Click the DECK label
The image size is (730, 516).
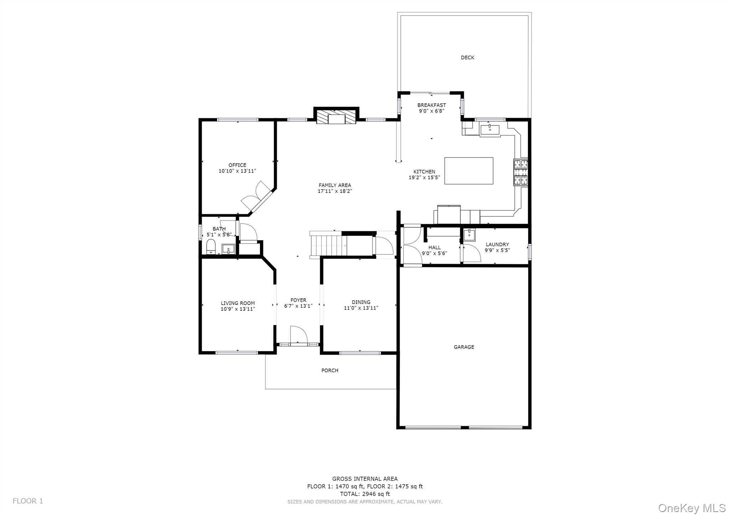click(467, 57)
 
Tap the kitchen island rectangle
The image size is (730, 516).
click(469, 171)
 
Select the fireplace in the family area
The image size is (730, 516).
click(336, 117)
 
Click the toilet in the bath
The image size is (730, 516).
click(211, 247)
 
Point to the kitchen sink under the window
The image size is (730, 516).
click(490, 129)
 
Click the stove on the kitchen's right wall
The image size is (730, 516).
click(520, 172)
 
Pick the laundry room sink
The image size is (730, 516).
click(469, 235)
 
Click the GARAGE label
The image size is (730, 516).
click(464, 347)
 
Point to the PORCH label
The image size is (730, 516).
click(330, 370)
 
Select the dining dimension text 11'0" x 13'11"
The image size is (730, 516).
click(361, 308)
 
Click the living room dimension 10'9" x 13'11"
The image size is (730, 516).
click(237, 309)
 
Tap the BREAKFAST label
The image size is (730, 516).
click(431, 105)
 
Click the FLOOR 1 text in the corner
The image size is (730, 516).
click(28, 501)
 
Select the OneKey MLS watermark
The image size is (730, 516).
click(692, 507)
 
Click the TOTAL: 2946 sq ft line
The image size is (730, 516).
click(365, 494)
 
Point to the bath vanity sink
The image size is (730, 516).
click(228, 248)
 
